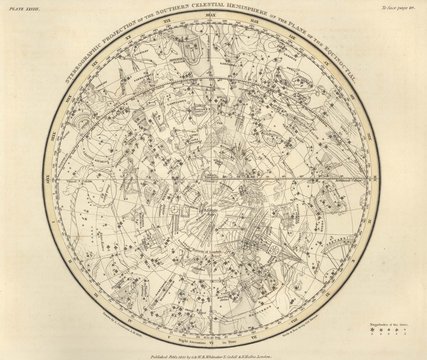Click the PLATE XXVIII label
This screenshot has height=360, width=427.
pyautogui.click(x=25, y=7)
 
